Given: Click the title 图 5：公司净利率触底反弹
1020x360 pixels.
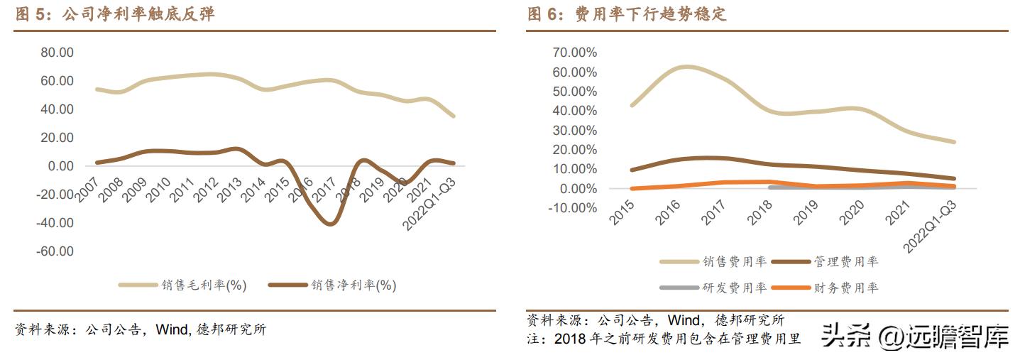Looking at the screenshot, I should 114,14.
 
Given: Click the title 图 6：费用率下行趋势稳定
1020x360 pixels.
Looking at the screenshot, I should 627,14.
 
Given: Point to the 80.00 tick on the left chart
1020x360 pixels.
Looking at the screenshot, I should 57,53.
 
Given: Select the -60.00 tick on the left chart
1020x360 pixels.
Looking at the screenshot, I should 55,251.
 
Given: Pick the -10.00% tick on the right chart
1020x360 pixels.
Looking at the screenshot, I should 572,208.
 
